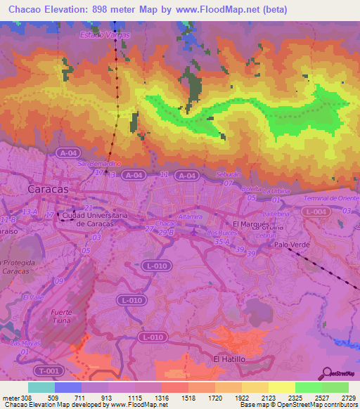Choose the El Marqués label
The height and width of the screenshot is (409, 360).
246,223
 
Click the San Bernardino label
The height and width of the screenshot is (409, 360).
94,163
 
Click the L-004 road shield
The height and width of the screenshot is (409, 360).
319,212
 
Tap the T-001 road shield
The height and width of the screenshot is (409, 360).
50,371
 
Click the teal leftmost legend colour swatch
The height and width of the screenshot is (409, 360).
41,387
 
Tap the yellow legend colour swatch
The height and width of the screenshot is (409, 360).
281,387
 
